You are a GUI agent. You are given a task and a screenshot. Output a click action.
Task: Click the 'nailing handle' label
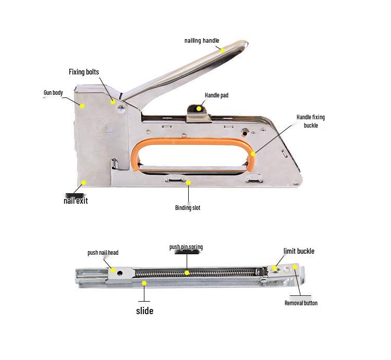pyautogui.click(x=202, y=41)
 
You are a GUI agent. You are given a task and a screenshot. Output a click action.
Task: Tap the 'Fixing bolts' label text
pyautogui.click(x=83, y=72)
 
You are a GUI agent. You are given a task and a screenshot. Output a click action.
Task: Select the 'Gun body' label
pyautogui.click(x=53, y=93)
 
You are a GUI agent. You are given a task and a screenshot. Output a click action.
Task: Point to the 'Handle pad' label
pyautogui.click(x=216, y=95)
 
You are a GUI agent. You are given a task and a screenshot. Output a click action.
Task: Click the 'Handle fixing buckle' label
pyautogui.click(x=310, y=121)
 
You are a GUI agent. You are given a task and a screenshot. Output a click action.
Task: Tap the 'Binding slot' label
pyautogui.click(x=188, y=208)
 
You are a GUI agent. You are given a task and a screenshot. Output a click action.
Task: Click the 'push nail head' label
pyautogui.click(x=103, y=253)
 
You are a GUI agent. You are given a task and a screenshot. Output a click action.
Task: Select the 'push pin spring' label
pyautogui.click(x=186, y=247)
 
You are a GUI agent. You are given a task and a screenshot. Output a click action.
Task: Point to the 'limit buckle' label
pyautogui.click(x=299, y=251)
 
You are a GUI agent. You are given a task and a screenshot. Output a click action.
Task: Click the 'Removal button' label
pyautogui.click(x=301, y=303)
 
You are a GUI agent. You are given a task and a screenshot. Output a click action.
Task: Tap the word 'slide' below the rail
pyautogui.click(x=144, y=311)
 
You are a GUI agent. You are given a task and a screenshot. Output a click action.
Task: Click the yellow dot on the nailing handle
pyautogui.click(x=222, y=51)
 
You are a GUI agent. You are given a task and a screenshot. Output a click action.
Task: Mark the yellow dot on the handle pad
pyautogui.click(x=199, y=109)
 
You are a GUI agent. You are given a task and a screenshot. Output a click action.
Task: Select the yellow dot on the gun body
pyautogui.click(x=82, y=105)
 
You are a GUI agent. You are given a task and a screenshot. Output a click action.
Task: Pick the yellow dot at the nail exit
pyautogui.click(x=83, y=183)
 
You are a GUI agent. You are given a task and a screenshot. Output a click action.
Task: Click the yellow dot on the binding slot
pyautogui.click(x=189, y=182)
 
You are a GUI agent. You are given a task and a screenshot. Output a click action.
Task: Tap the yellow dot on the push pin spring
pyautogui.click(x=186, y=272)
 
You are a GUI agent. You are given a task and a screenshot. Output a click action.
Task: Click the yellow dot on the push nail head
pyautogui.click(x=112, y=270)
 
